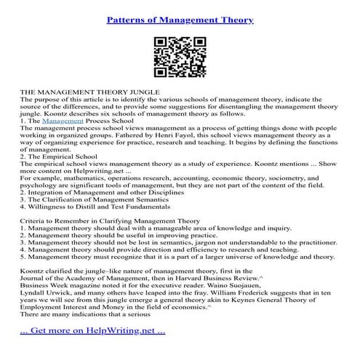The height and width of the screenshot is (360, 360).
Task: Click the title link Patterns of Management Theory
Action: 180,20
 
